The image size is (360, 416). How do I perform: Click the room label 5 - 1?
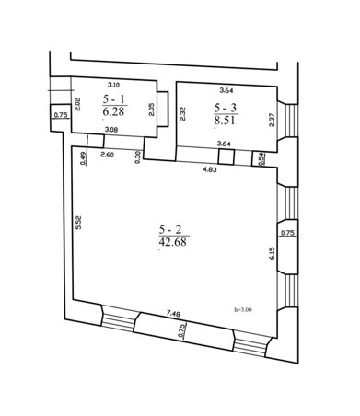click(115, 99)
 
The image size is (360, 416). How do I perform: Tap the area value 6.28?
click(113, 111)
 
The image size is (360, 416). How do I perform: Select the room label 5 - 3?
click(226, 108)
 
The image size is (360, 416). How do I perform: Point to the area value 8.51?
click(225, 121)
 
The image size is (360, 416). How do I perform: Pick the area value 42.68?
click(173, 242)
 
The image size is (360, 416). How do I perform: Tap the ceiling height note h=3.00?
click(243, 310)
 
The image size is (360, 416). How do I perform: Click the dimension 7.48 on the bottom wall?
click(173, 314)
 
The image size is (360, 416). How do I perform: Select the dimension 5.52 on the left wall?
click(78, 223)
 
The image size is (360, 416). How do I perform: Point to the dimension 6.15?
click(273, 254)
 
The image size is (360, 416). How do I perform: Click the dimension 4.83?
click(210, 169)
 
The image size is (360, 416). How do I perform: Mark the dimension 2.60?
click(108, 155)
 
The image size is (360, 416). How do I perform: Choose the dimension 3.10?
click(113, 85)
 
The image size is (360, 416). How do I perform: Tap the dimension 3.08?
click(110, 130)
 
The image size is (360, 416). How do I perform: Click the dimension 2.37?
click(273, 121)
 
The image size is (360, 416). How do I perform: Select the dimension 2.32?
click(183, 114)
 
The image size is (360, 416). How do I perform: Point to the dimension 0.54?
click(261, 159)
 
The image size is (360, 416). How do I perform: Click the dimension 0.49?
click(83, 159)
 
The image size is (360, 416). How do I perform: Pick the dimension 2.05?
click(151, 110)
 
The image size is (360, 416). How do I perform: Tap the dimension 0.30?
click(137, 156)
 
